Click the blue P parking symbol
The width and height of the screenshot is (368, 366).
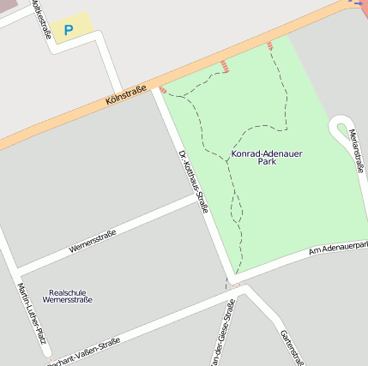click(x=69, y=30)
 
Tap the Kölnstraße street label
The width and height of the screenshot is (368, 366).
click(x=126, y=95)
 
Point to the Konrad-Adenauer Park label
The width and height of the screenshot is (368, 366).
click(x=267, y=157)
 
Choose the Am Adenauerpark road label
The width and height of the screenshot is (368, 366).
click(x=338, y=249)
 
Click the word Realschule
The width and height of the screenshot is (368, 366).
click(x=68, y=291)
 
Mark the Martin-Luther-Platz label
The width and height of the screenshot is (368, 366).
click(x=31, y=312)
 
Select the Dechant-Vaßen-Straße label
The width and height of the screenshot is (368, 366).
click(x=84, y=350)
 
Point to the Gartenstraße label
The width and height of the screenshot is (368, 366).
click(x=292, y=346)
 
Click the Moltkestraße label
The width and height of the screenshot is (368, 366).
click(x=40, y=19)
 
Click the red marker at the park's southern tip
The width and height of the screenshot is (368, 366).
click(x=235, y=285)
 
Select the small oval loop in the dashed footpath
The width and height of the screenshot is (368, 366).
click(x=237, y=207)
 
